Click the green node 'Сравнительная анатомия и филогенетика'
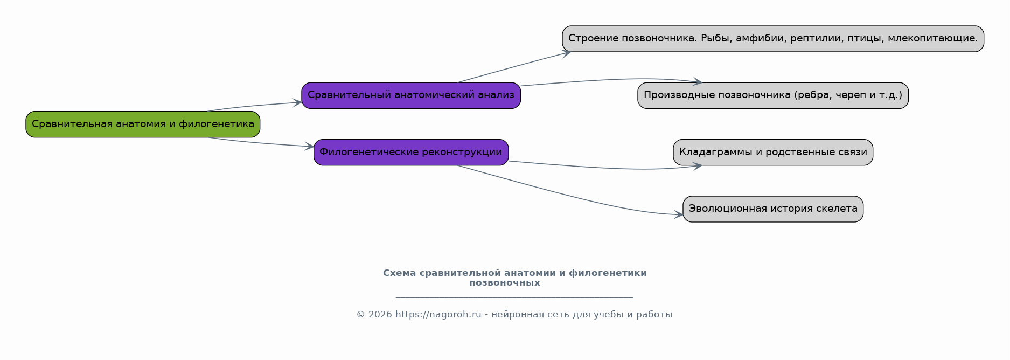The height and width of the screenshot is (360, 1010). tap(143, 124)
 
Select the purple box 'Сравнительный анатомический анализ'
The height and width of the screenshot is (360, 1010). tap(411, 95)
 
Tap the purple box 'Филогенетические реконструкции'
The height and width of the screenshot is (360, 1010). tap(411, 153)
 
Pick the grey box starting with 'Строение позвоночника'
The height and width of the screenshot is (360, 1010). tap(773, 39)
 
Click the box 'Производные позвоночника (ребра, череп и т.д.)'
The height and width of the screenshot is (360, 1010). tap(773, 95)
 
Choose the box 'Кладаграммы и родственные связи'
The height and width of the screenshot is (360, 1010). tap(773, 153)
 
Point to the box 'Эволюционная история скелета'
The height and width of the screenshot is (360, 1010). tap(773, 209)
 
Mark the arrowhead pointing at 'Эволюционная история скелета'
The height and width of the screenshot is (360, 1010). tap(679, 214)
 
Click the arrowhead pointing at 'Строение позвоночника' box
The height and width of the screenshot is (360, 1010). tap(566, 53)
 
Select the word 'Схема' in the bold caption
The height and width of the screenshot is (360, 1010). tap(400, 273)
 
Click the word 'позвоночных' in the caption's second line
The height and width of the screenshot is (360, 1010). tap(505, 283)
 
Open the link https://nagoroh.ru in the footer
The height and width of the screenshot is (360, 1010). tap(438, 315)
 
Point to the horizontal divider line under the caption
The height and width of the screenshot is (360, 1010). tap(514, 297)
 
